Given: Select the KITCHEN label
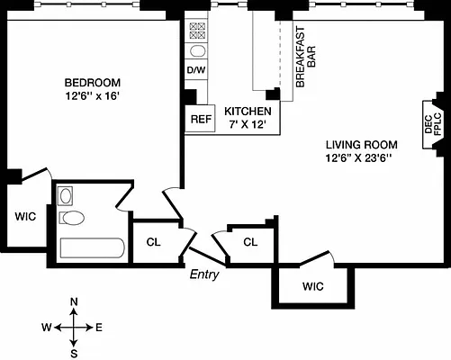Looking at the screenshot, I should pos(248,111).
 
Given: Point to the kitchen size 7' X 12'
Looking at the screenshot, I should pos(248,125).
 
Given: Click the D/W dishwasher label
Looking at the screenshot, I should pos(196,69).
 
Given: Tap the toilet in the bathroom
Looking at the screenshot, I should pos(72,218).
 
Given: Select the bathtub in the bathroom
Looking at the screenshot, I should pos(90,249).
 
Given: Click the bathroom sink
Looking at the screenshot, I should pos(65,195).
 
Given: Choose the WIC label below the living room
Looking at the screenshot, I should pos(312,287).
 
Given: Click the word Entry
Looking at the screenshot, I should pos(204,274).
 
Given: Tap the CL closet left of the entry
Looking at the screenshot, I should pos(154,241).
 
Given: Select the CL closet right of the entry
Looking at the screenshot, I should pos(250,241).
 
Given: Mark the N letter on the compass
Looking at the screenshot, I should pos(74,301).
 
